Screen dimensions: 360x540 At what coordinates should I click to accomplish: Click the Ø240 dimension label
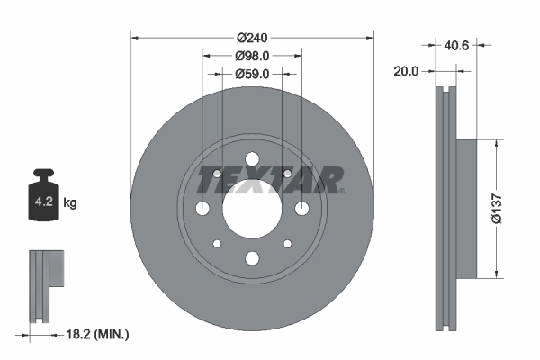pyautogui.click(x=252, y=38)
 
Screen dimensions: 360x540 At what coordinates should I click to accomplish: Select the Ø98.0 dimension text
pyautogui.click(x=252, y=57)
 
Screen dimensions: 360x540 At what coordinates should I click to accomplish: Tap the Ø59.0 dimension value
pyautogui.click(x=252, y=75)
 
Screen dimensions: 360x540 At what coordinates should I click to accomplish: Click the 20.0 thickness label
pyautogui.click(x=407, y=71)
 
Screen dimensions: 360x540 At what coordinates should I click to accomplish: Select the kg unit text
pyautogui.click(x=70, y=203)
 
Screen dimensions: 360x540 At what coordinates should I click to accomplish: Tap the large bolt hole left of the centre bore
pyautogui.click(x=202, y=209)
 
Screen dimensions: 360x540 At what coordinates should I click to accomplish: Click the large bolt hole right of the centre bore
pyautogui.click(x=301, y=209)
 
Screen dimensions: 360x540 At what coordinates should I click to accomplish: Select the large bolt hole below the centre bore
pyautogui.click(x=252, y=258)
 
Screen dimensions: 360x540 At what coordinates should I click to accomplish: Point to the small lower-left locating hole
pyautogui.click(x=217, y=244)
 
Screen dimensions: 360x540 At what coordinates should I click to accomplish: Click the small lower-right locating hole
pyautogui.click(x=287, y=244)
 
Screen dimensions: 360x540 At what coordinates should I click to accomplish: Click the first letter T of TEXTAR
pyautogui.click(x=210, y=180)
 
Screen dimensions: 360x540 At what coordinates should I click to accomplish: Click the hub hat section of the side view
pyautogui.click(x=465, y=208)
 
